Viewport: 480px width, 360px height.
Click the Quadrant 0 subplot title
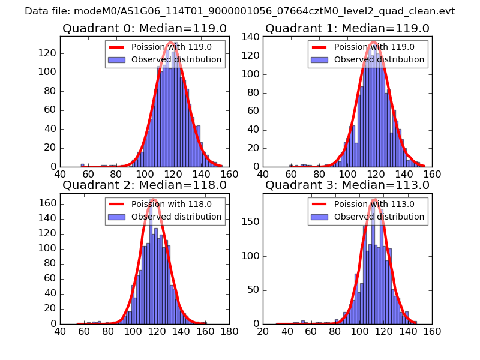[x=145, y=29]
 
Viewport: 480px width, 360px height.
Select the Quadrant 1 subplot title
[x=347, y=29]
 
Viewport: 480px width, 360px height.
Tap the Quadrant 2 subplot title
[x=145, y=185]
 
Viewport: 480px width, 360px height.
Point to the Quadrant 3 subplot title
[x=347, y=185]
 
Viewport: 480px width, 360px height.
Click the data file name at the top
[x=240, y=11]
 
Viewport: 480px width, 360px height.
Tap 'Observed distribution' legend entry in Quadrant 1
[x=379, y=60]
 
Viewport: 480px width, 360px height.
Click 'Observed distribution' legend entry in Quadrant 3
[x=379, y=217]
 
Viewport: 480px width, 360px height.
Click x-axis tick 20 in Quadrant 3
[x=263, y=331]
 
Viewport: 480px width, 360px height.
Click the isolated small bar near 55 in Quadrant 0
[x=82, y=165]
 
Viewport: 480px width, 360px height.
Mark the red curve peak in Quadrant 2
[x=154, y=199]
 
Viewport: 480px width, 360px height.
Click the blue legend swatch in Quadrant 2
[x=118, y=217]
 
